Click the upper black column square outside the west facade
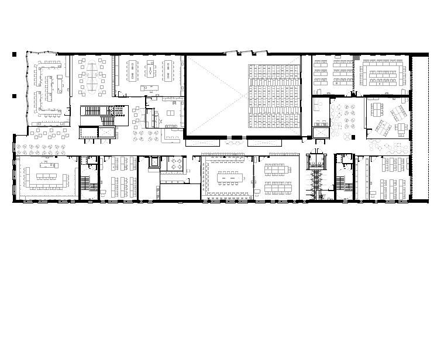[15, 54]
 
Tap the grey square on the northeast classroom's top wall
[356, 56]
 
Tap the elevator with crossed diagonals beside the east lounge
[321, 133]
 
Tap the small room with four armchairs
[173, 165]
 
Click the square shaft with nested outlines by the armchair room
[154, 161]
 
